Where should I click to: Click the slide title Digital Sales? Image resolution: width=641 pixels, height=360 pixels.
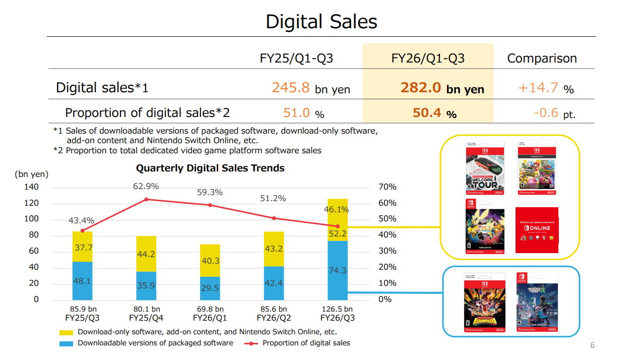pyautogui.click(x=321, y=22)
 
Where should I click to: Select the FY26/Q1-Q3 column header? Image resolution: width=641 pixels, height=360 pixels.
pyautogui.click(x=428, y=58)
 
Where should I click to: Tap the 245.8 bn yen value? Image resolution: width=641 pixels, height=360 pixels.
pyautogui.click(x=311, y=88)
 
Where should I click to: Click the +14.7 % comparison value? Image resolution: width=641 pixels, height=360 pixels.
pyautogui.click(x=546, y=88)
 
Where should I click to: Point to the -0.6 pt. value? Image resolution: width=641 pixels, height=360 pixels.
pyautogui.click(x=554, y=113)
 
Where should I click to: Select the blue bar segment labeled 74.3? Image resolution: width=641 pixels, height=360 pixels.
pyautogui.click(x=338, y=270)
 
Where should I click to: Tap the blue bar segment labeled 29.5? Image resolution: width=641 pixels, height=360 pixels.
pyautogui.click(x=210, y=288)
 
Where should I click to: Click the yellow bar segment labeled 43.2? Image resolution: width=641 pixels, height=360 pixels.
pyautogui.click(x=274, y=249)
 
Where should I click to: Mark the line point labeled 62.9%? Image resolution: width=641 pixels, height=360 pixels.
pyautogui.click(x=146, y=199)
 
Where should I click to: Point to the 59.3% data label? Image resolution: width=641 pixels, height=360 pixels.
pyautogui.click(x=210, y=192)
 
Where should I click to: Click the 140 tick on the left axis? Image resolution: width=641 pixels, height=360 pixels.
pyautogui.click(x=32, y=187)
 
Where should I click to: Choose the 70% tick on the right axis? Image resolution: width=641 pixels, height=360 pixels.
pyautogui.click(x=387, y=187)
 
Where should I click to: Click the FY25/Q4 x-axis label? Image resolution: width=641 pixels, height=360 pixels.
pyautogui.click(x=146, y=318)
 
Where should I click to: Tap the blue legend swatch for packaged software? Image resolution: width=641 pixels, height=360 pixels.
pyautogui.click(x=67, y=343)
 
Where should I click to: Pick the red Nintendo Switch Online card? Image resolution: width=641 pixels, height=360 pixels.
pyautogui.click(x=537, y=230)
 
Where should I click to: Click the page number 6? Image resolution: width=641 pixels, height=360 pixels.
pyautogui.click(x=593, y=345)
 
